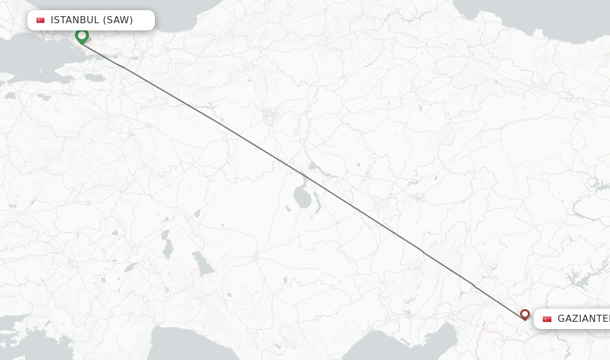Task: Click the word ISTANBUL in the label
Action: (74, 20)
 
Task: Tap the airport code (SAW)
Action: (117, 20)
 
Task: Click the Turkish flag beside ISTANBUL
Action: (41, 20)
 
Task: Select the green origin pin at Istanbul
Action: (82, 36)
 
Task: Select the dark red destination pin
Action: (525, 314)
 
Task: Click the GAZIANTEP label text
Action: (583, 319)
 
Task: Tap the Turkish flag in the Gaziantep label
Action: (547, 319)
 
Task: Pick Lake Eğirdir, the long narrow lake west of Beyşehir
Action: (167, 244)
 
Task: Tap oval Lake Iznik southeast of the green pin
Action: (95, 77)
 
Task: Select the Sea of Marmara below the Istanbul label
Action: (30, 60)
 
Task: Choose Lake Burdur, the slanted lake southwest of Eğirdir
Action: (132, 268)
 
